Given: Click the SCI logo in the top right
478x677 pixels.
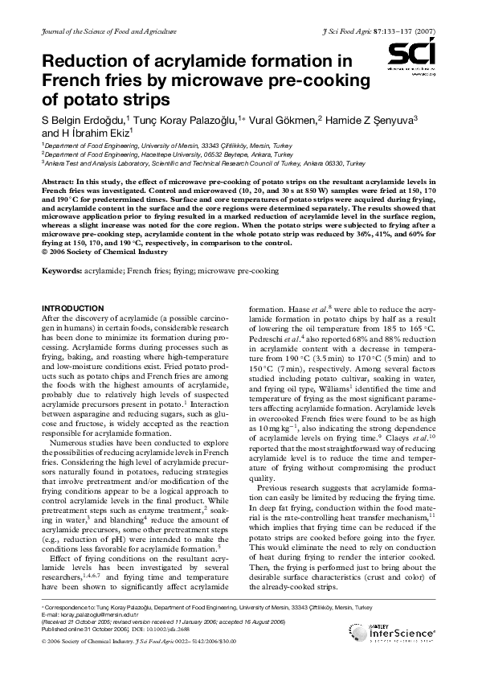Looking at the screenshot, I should click(411, 59).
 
